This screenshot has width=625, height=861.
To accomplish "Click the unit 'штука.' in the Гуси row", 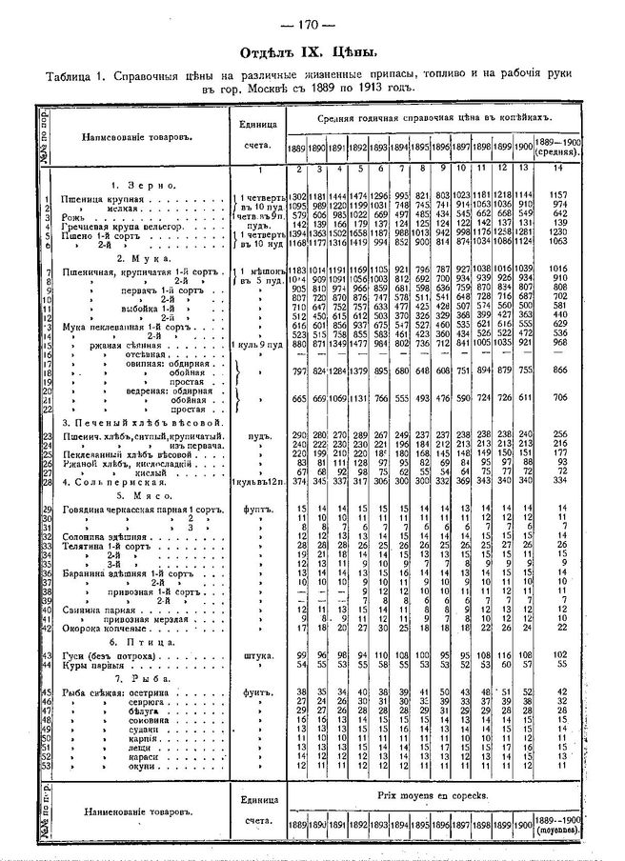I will (254, 656).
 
